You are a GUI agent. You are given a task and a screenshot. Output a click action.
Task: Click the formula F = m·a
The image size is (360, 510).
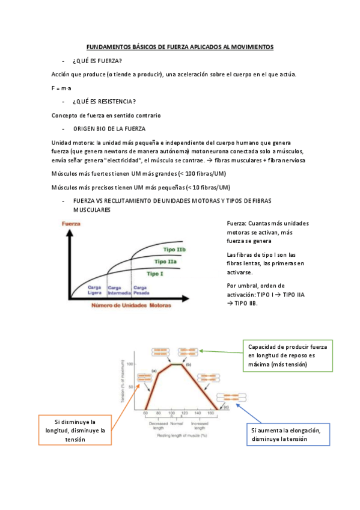[61, 88]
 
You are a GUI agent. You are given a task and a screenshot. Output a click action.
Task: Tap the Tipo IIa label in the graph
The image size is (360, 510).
[166, 262]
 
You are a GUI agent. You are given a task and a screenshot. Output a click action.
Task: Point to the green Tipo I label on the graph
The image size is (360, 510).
[154, 274]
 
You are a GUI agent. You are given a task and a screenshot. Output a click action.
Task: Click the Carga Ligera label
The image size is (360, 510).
[94, 290]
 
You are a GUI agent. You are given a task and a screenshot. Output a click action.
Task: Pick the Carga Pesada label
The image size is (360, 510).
[141, 290]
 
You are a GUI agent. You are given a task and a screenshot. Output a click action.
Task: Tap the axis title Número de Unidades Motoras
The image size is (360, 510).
[130, 306]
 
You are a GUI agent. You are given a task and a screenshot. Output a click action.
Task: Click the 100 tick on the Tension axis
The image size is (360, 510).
[129, 364]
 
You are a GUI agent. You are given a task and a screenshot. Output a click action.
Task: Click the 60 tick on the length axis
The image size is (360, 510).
[145, 414]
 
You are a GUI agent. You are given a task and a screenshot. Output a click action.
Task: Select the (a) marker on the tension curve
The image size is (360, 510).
[154, 371]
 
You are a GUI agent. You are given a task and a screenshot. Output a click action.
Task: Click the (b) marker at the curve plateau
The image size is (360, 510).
[188, 365]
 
